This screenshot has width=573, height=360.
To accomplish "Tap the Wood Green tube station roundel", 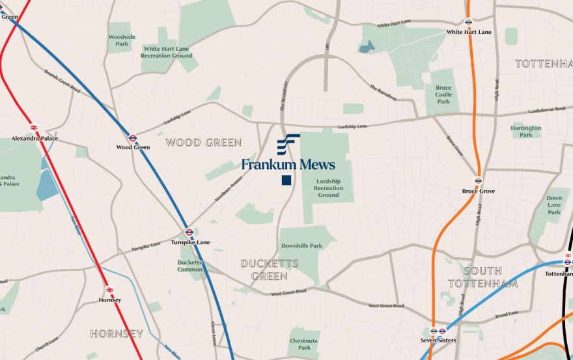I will click(x=133, y=138).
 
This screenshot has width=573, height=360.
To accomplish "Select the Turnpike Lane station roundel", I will click(x=189, y=232).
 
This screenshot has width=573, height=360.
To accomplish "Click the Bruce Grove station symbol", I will click(x=479, y=181).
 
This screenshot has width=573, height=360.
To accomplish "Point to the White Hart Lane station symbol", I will click(x=468, y=21).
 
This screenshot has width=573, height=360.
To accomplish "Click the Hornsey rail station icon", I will click(x=109, y=290).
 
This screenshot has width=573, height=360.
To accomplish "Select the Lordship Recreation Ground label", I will click(x=328, y=188).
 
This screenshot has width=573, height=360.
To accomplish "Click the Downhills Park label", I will click(x=301, y=246).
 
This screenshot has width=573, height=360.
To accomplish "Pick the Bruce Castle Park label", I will click(x=443, y=94).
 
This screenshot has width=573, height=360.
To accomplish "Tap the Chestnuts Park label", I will click(x=303, y=344).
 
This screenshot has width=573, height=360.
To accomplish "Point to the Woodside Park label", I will click(x=122, y=40).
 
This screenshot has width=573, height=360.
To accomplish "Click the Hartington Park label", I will click(x=526, y=132).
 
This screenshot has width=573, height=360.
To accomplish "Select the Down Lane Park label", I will click(x=554, y=205).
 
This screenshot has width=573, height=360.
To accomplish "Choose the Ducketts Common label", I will click(x=190, y=266).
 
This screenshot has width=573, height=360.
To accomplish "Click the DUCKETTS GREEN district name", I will click(x=270, y=270).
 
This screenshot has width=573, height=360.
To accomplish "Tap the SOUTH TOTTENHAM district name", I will click(x=483, y=277).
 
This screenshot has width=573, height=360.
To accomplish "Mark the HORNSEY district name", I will click(x=117, y=334).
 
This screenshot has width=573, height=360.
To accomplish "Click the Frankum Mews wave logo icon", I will click(x=288, y=144).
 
